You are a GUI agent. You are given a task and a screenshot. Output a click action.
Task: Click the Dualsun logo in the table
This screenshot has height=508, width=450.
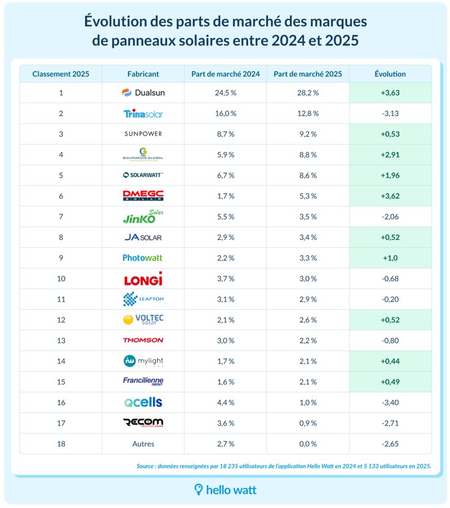point(143,93)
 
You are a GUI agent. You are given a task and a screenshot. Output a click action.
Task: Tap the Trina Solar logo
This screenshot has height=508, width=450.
point(143,114)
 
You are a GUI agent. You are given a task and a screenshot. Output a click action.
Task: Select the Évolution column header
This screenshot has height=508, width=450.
point(389,74)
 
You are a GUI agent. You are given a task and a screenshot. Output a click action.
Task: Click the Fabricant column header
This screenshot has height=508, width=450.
point(143,74)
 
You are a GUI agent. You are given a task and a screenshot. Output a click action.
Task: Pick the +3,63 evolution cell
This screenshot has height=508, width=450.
point(389,93)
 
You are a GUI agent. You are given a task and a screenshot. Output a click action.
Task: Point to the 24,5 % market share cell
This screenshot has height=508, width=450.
point(225,93)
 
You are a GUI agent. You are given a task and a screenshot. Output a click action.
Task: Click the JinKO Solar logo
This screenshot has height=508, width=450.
point(143,217)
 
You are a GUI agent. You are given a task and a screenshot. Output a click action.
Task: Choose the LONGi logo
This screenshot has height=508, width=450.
point(143,279)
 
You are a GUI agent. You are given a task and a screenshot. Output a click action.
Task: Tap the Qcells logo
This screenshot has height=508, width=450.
point(143,402)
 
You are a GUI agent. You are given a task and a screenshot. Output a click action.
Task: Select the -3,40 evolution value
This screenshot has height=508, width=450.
point(389,402)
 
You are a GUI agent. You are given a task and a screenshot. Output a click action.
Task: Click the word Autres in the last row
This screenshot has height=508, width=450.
point(143,444)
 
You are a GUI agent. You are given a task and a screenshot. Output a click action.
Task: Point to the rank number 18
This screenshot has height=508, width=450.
point(61,444)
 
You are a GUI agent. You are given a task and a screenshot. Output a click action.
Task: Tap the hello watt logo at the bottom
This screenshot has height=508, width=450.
point(225,489)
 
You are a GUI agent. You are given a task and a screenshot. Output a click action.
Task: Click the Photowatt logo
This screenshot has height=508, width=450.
point(143,258)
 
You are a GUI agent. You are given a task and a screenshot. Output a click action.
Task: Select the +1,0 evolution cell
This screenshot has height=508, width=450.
point(389,258)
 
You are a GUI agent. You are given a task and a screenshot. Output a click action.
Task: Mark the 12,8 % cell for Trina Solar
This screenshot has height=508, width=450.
point(308,114)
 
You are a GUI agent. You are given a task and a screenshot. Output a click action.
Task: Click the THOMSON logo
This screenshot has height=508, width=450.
point(143,340)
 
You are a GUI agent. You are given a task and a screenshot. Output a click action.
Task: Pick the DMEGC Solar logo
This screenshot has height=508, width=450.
point(143,196)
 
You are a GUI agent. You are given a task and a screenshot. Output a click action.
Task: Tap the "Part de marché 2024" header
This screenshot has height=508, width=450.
point(225,74)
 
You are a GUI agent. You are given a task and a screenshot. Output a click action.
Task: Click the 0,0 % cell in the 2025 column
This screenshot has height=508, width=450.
point(308,444)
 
